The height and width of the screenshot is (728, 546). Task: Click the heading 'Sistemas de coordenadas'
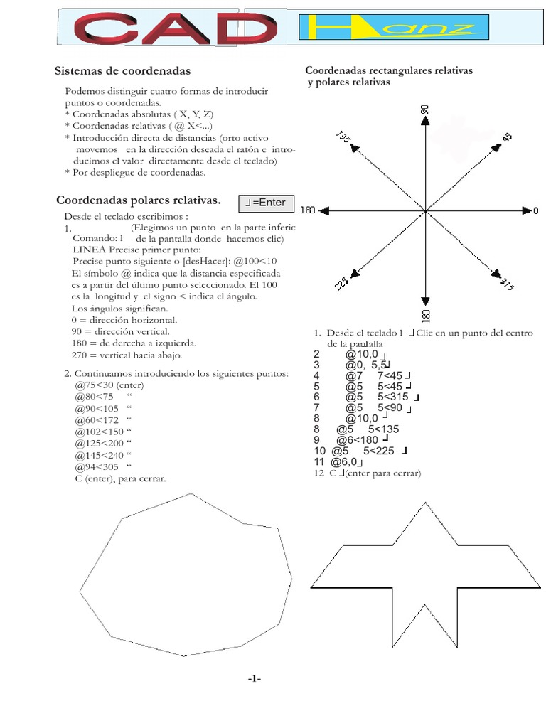[122, 71]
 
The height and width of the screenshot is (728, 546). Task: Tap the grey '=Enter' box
[266, 203]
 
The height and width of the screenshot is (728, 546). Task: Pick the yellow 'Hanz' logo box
[395, 28]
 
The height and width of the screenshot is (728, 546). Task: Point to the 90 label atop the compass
[425, 109]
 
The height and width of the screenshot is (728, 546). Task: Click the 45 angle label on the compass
[507, 136]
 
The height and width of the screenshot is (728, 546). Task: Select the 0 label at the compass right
[535, 210]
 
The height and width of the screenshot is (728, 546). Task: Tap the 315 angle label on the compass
[506, 285]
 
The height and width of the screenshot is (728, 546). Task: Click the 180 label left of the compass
[307, 210]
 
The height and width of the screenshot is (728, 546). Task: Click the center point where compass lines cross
[425, 210]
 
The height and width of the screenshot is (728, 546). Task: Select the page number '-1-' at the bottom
[255, 680]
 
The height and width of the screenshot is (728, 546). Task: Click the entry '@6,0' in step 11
[343, 462]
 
